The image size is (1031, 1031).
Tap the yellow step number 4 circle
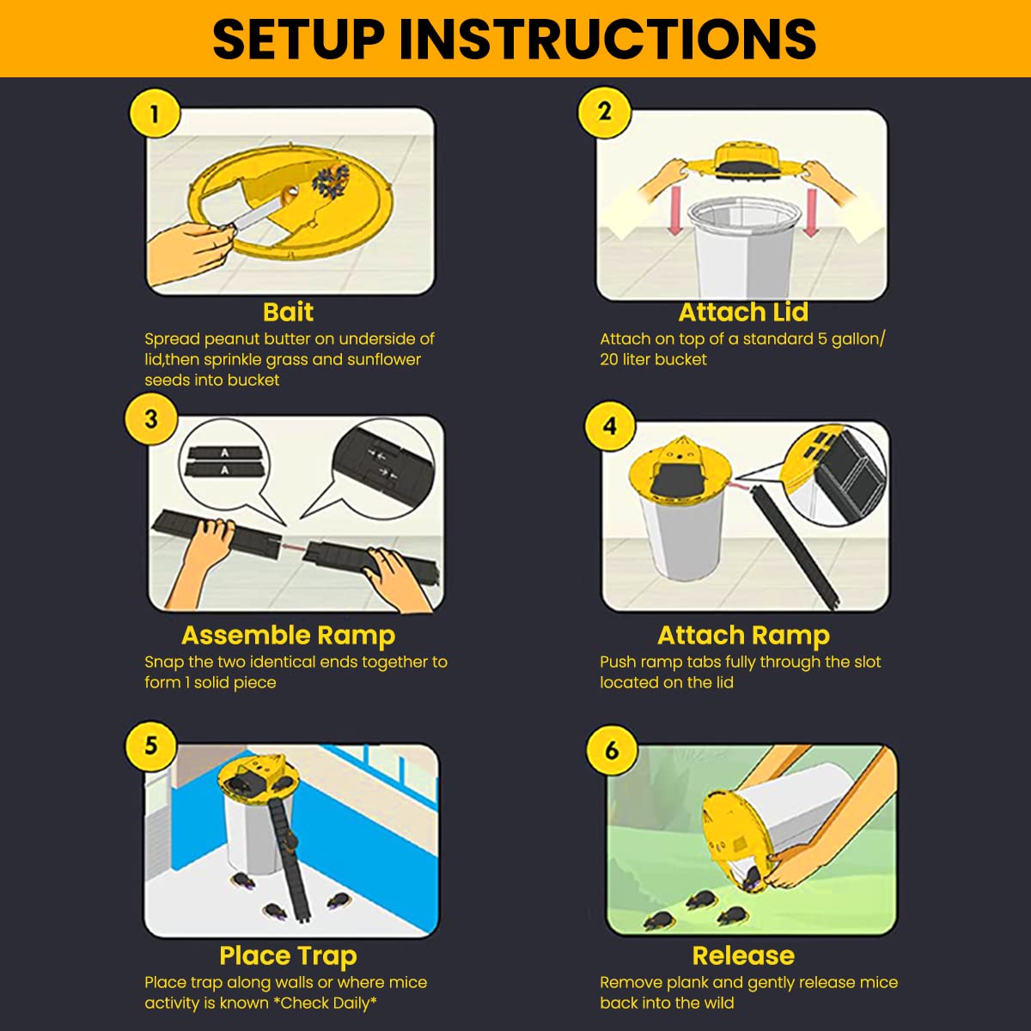point(610,425)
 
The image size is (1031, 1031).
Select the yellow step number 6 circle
point(611,749)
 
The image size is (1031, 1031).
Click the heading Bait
point(288,312)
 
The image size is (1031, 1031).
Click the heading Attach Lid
point(743,312)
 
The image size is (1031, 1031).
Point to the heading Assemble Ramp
point(288,635)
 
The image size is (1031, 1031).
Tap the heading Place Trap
point(288,955)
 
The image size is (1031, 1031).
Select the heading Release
point(743,955)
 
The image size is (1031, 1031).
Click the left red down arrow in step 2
point(674,210)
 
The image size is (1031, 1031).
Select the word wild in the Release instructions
point(717,1003)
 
